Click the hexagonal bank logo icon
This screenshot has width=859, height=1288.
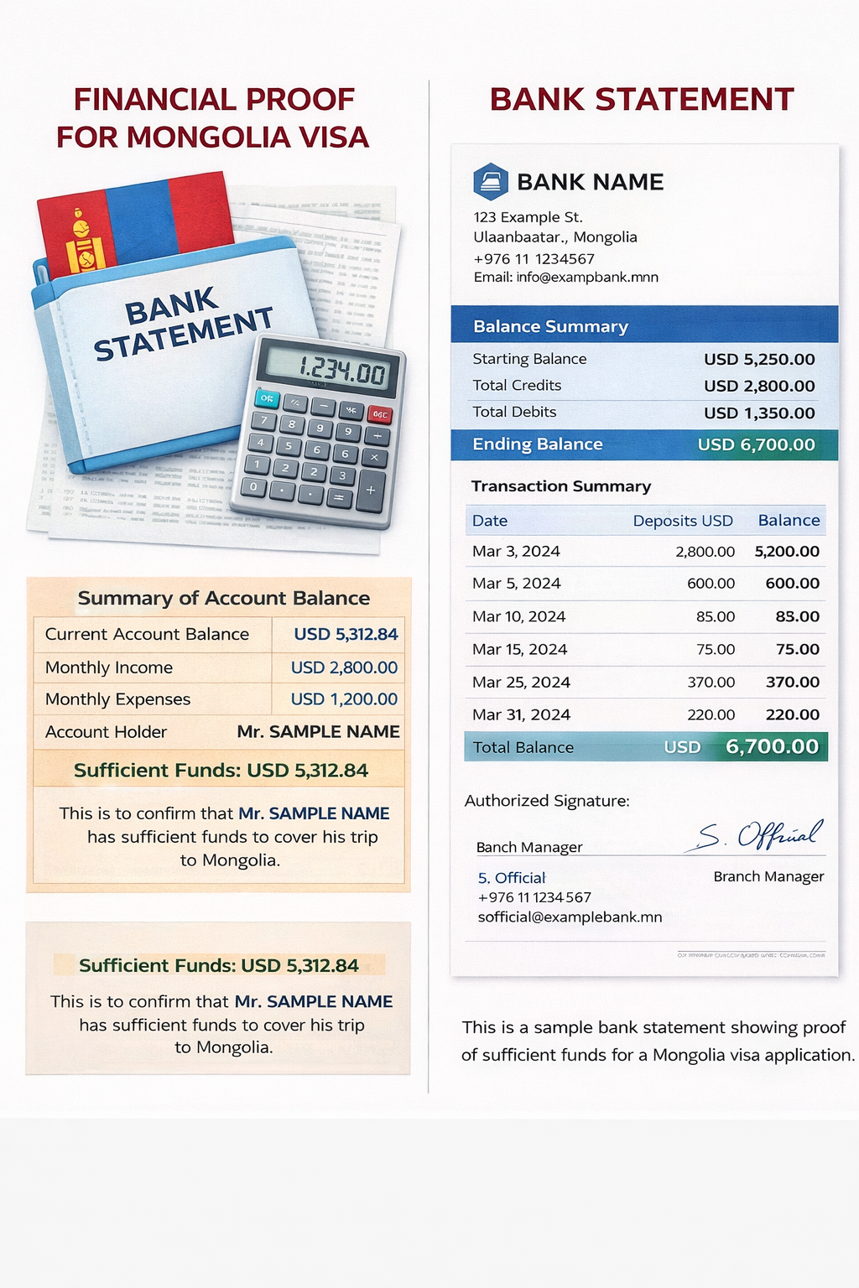click(x=491, y=181)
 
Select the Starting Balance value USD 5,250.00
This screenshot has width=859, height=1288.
click(x=759, y=360)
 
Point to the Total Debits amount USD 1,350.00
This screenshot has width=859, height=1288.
click(x=759, y=413)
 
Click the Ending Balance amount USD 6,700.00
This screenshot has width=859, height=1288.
click(x=756, y=445)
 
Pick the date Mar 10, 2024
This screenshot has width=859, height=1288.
click(x=518, y=616)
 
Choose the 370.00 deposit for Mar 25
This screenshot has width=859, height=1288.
click(x=711, y=683)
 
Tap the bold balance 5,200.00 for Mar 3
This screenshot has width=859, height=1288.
click(x=787, y=552)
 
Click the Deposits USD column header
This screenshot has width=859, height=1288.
click(x=683, y=521)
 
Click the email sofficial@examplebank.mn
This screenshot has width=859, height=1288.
click(x=570, y=917)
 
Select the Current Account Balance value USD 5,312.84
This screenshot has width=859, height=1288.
click(x=346, y=635)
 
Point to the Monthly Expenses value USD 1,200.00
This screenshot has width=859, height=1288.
click(x=344, y=699)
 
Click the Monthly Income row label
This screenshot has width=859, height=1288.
click(x=109, y=667)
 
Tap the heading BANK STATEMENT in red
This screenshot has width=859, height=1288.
click(x=642, y=100)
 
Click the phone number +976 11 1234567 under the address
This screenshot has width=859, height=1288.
click(x=534, y=259)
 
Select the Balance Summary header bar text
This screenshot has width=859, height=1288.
click(x=550, y=327)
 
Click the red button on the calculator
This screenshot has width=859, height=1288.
click(x=380, y=414)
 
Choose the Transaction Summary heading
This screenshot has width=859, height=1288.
click(x=561, y=486)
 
